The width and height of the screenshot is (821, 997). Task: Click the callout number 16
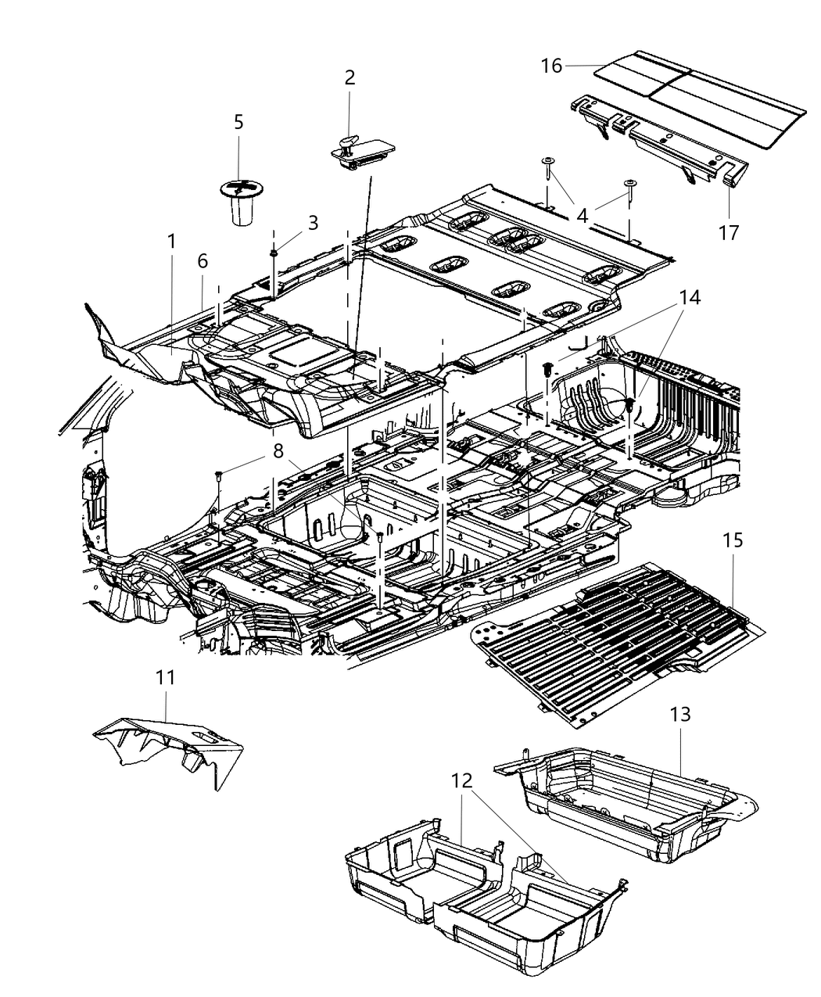tap(551, 66)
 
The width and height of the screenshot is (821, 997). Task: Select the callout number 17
tap(729, 232)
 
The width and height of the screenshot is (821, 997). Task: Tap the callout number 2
tap(350, 77)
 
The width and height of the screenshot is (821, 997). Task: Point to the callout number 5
tap(238, 122)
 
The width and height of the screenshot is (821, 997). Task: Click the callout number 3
tap(313, 223)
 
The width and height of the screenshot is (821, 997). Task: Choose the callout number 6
tap(203, 261)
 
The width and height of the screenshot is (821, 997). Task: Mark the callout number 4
tap(582, 214)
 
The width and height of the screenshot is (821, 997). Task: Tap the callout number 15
tap(733, 540)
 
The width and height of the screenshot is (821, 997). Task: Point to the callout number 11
tap(165, 677)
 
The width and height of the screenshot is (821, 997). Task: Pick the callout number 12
tap(462, 780)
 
